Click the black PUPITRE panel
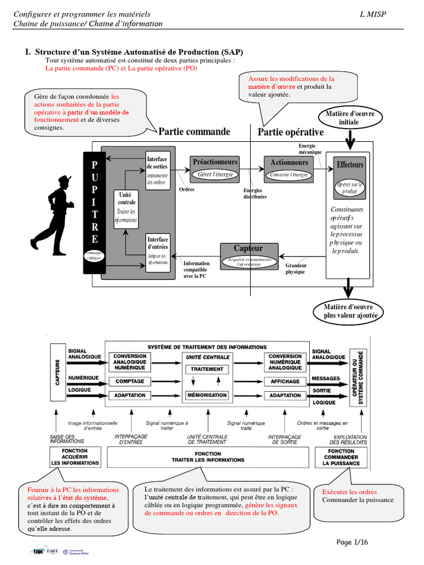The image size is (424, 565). click(x=94, y=212)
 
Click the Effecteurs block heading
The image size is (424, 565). click(x=350, y=165)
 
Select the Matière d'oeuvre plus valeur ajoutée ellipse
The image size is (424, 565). click(x=348, y=311)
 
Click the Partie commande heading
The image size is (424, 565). click(x=194, y=132)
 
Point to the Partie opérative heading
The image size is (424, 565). click(x=291, y=132)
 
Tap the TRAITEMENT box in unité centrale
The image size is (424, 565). click(x=207, y=369)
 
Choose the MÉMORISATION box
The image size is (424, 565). click(x=207, y=395)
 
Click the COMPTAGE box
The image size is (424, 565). click(x=130, y=381)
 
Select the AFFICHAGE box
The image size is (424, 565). click(x=285, y=381)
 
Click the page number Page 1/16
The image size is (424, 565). click(x=352, y=542)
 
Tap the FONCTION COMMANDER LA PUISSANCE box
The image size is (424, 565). click(x=341, y=457)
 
